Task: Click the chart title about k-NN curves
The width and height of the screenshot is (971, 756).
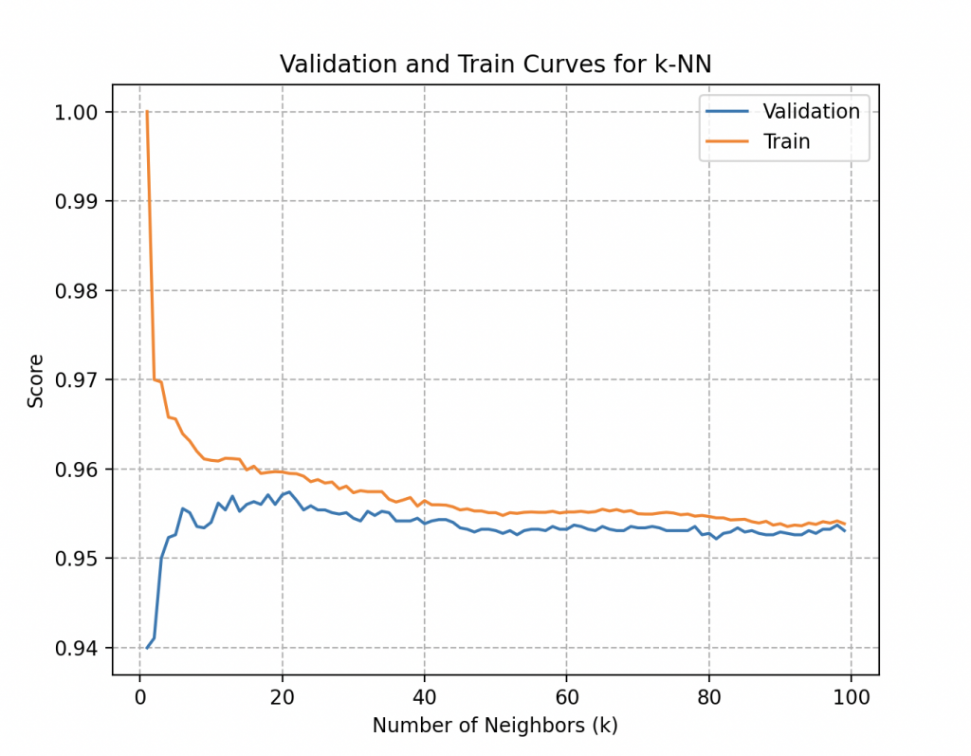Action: [x=495, y=65]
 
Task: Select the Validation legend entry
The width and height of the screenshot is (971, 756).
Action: [x=811, y=111]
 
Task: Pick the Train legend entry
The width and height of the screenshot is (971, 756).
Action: [x=786, y=142]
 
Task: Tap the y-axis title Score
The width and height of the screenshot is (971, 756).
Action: [x=36, y=381]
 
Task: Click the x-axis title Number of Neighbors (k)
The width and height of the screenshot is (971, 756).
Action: [x=495, y=726]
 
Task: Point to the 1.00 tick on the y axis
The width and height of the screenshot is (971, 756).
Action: [x=79, y=112]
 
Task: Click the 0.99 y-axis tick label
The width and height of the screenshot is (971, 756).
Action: [x=79, y=201]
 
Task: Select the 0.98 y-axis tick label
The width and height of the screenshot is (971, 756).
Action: [x=79, y=290]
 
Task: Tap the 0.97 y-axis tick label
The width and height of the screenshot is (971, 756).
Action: [x=79, y=379]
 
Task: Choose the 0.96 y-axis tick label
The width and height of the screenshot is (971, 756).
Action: [x=79, y=470]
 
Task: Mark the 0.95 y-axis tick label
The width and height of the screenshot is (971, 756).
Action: [x=79, y=559]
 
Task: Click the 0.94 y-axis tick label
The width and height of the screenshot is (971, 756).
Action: [x=79, y=648]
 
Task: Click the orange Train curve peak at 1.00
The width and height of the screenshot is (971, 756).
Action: [x=147, y=112]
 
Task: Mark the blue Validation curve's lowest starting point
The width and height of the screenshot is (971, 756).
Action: [x=147, y=648]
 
